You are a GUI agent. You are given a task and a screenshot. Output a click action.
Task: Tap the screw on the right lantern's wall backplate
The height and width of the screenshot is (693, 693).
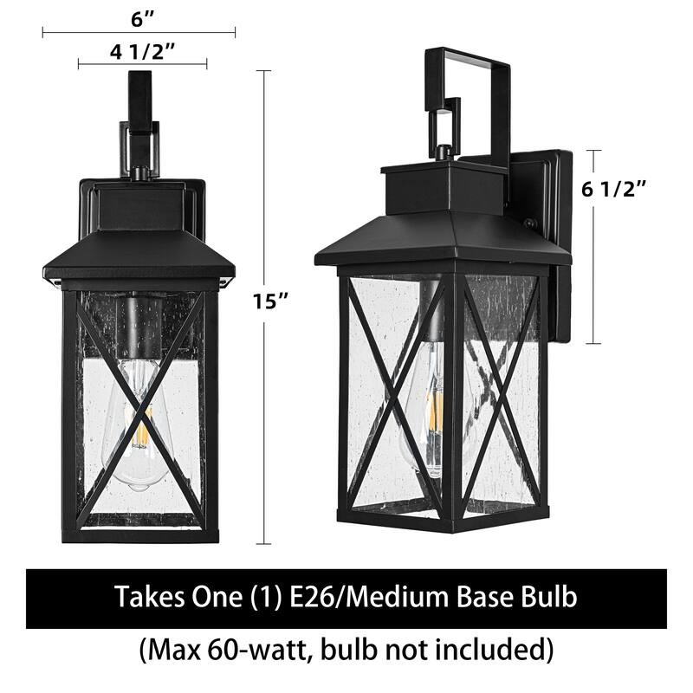point(528,225)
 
